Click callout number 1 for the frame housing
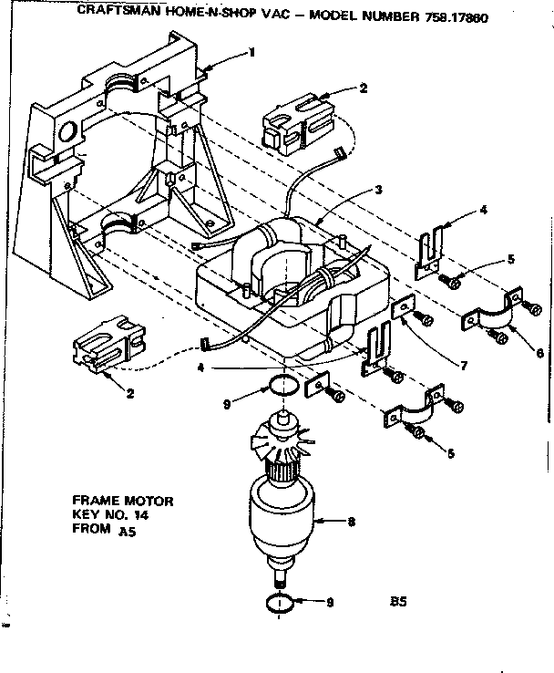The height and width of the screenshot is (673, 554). pos(251,53)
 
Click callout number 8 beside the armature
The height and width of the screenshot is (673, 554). pos(351,523)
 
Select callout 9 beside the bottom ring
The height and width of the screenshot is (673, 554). pos(332,603)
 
